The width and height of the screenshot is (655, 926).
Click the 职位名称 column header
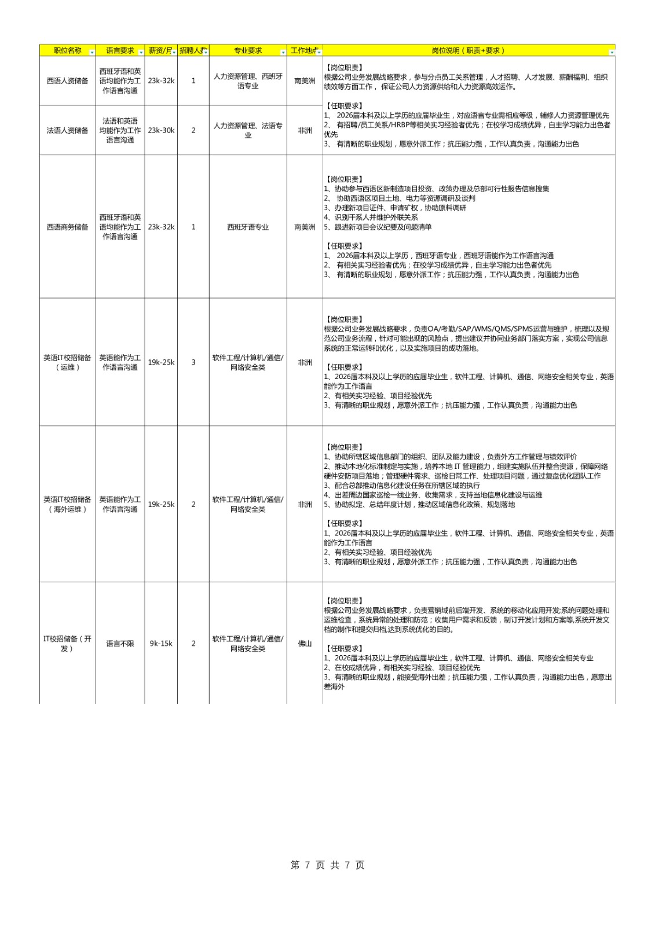[67, 51]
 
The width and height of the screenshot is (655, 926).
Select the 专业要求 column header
[247, 51]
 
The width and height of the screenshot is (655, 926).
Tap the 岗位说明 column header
[467, 51]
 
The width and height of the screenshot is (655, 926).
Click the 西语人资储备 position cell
[68, 81]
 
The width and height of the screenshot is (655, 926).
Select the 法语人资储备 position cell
[68, 131]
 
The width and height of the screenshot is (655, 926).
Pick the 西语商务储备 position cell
[68, 227]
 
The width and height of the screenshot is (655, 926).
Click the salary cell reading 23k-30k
[161, 131]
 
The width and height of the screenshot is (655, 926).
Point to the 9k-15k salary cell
[161, 644]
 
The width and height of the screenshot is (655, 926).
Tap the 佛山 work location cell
[305, 644]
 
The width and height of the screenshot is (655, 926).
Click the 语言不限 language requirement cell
[120, 644]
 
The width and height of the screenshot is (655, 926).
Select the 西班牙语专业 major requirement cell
[248, 227]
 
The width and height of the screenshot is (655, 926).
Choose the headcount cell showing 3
[193, 362]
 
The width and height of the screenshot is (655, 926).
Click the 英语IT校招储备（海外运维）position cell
[68, 504]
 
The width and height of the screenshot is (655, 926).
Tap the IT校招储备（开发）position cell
[68, 644]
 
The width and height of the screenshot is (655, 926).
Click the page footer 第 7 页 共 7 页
[327, 865]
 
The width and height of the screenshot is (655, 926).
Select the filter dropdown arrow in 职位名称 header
[92, 53]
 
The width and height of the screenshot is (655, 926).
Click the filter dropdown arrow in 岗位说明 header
[612, 53]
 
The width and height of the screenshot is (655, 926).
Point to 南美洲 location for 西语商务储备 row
[305, 227]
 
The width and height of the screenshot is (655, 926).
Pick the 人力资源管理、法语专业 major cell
[248, 131]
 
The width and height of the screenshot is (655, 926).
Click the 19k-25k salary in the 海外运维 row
[161, 505]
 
